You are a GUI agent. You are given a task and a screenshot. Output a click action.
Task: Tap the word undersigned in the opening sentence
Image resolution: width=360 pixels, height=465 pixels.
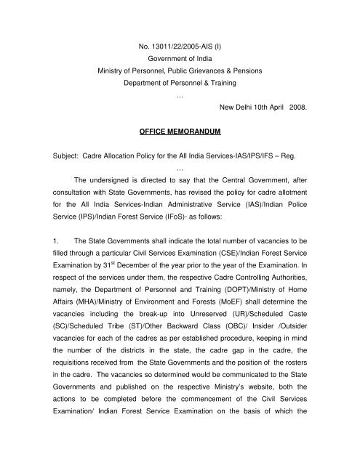pos(116,222)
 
